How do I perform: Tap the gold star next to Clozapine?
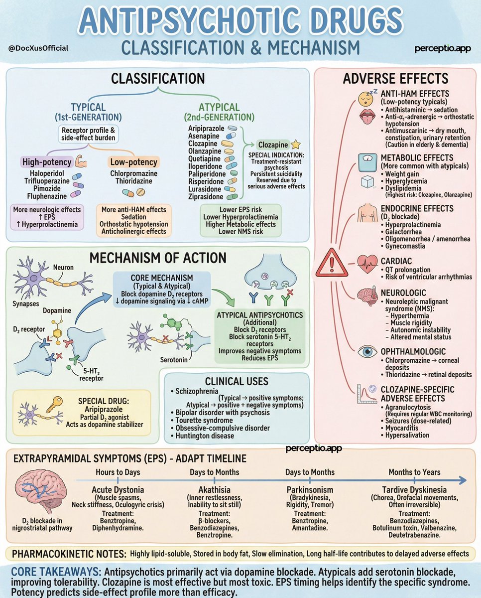[x=295, y=144]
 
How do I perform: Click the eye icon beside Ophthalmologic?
[x=368, y=352]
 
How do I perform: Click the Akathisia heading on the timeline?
[x=214, y=489]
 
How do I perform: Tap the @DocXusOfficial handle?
[x=38, y=48]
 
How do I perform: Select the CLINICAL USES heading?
[x=237, y=381]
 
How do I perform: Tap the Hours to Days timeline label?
[x=118, y=472]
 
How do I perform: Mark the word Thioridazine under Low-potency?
[x=133, y=181]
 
